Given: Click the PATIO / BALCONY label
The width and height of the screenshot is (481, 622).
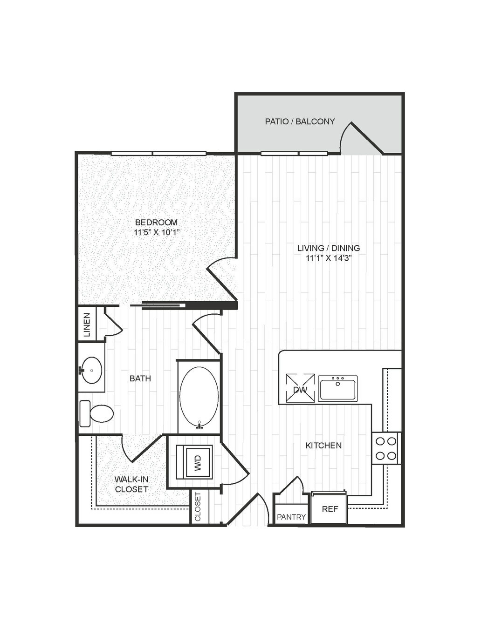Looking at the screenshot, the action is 300,122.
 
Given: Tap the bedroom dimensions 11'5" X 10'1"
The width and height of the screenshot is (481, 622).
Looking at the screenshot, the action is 157,232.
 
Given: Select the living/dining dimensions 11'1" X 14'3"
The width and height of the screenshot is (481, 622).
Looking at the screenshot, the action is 329,258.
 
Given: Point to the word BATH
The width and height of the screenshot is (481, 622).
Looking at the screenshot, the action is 140,379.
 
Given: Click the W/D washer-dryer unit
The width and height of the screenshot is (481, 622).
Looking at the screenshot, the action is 194,462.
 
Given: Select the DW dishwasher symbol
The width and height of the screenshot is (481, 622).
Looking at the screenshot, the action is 300,388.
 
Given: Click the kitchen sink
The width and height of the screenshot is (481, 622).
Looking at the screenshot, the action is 338,388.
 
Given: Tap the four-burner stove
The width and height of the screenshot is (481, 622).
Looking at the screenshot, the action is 386,448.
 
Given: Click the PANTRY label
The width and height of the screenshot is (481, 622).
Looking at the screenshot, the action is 291,517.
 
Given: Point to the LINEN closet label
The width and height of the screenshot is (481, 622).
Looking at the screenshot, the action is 87,325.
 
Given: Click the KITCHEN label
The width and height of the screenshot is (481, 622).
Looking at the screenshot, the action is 323,446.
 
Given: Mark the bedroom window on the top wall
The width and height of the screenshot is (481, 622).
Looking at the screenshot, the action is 158,154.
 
